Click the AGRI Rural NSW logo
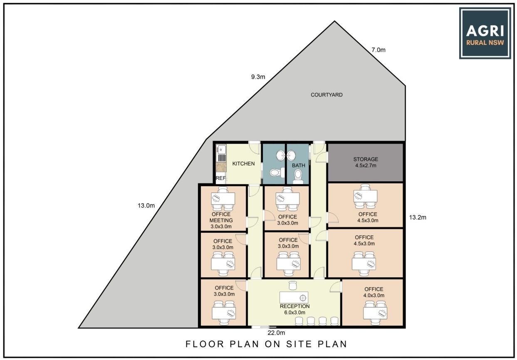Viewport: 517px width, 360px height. [x=485, y=33]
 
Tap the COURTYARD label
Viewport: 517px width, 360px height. [x=327, y=95]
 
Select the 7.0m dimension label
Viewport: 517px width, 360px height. [x=378, y=50]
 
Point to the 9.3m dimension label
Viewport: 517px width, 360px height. [x=258, y=77]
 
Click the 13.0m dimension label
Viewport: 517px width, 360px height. [x=146, y=205]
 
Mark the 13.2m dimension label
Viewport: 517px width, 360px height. [x=418, y=217]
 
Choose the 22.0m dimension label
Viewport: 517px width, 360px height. [x=276, y=333]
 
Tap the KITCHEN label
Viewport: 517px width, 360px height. [x=243, y=163]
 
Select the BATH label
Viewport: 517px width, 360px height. [x=298, y=165]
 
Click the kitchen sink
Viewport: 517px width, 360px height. [x=221, y=149]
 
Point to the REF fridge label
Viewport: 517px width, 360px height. [x=220, y=178]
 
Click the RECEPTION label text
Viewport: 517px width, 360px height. [x=294, y=306]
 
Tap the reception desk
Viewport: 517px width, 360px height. [x=294, y=298]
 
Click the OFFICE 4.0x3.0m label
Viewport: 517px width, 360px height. [x=374, y=292]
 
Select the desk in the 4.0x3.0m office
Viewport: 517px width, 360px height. [x=375, y=313]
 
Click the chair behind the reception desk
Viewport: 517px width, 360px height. [x=293, y=286]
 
